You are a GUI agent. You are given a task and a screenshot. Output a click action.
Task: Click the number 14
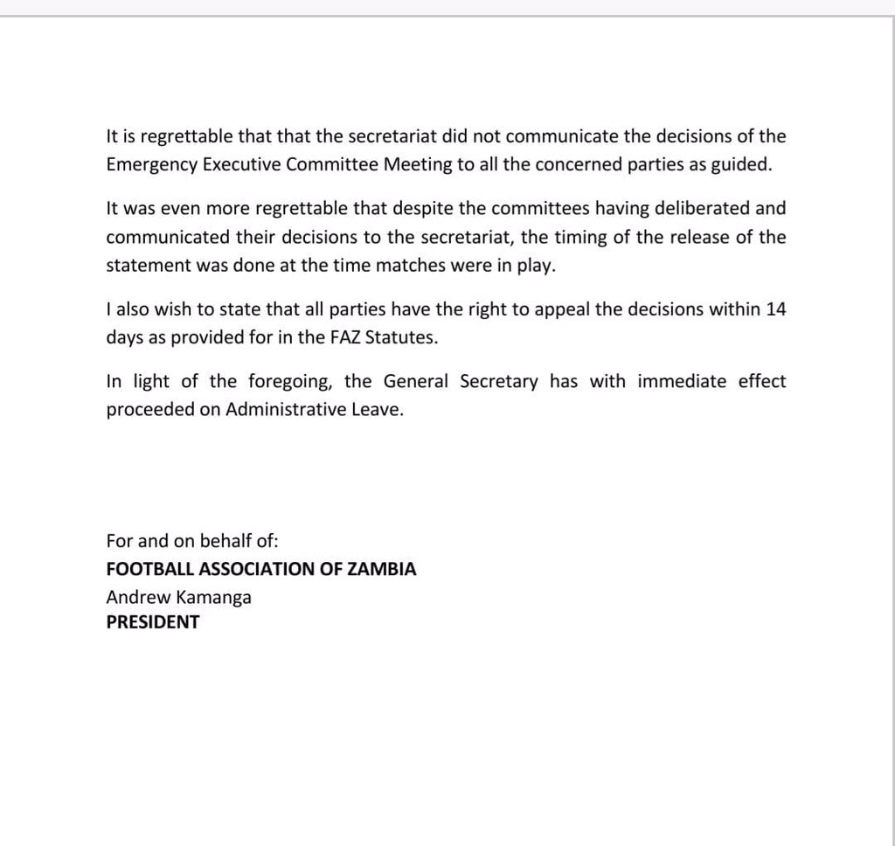click(x=775, y=310)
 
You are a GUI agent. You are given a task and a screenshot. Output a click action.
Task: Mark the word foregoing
click(x=288, y=382)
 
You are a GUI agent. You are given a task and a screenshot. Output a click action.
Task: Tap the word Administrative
click(x=286, y=411)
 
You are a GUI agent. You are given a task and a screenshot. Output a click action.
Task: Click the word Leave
click(x=378, y=411)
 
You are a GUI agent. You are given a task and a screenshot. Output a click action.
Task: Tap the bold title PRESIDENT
click(x=153, y=623)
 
